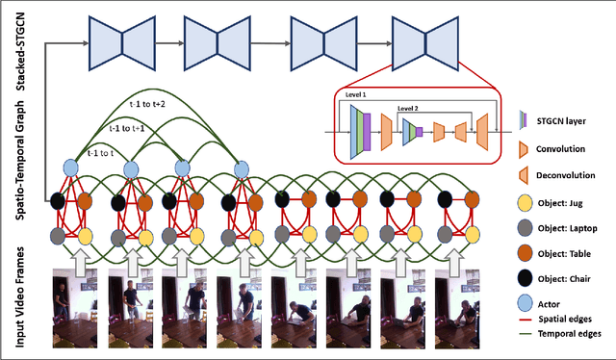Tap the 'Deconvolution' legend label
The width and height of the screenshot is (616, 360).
point(576,176)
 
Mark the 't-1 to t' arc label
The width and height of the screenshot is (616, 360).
point(101,151)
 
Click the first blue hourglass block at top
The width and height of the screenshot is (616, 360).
point(115,40)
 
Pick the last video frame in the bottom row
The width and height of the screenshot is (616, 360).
point(460,308)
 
